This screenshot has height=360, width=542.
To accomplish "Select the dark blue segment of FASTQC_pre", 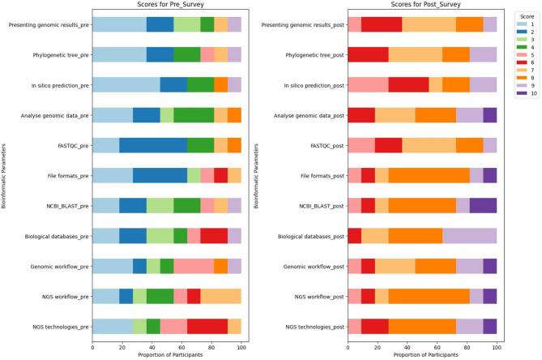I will pyautogui.click(x=153, y=145).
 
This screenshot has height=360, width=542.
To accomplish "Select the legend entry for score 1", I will pyautogui.click(x=519, y=25).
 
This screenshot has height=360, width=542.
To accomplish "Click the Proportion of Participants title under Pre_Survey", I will pyautogui.click(x=167, y=354).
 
